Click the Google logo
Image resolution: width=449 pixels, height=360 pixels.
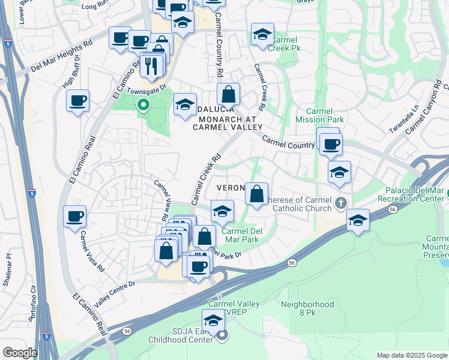click(x=20, y=353)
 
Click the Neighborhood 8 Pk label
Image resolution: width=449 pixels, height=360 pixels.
click(x=307, y=308)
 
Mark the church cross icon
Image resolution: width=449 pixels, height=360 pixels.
click(x=341, y=202)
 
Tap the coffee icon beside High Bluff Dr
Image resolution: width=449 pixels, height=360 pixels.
click(x=77, y=100)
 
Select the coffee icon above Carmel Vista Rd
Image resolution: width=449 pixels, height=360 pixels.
click(x=74, y=215)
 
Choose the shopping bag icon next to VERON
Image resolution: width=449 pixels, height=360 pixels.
click(x=256, y=194)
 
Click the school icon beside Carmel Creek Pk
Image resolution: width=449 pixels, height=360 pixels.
click(x=262, y=35)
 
